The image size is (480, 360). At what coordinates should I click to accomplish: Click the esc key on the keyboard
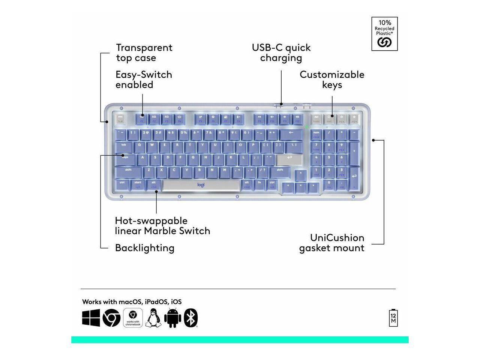pos(120,119)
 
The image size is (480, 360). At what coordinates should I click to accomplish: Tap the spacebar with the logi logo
pos(201,185)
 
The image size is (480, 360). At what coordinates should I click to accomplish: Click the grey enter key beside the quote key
pos(289,159)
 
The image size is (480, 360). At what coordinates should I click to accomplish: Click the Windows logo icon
pos(91,318)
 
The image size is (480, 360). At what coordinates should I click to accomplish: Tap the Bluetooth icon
pos(191,318)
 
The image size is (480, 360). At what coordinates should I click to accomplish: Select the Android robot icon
pos(173,318)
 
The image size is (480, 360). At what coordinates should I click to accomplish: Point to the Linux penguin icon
pos(153,318)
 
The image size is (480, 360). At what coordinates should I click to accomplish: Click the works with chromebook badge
pos(133,318)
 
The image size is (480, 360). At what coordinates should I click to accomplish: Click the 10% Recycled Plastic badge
pos(384,34)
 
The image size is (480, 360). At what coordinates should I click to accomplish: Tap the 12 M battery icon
pos(393,318)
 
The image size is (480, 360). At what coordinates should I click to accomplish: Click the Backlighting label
pos(144,248)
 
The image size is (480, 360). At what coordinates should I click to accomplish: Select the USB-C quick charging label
pos(281,52)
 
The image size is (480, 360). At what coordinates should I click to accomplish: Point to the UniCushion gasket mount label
pos(331,243)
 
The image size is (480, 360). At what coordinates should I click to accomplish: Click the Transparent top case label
pos(144,52)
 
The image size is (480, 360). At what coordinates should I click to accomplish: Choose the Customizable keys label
pos(332,79)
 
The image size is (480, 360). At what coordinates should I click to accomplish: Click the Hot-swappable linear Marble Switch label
pos(162,225)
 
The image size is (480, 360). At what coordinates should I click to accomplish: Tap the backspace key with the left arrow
pos(291,133)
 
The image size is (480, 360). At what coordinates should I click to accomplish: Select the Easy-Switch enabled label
pos(144,79)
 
